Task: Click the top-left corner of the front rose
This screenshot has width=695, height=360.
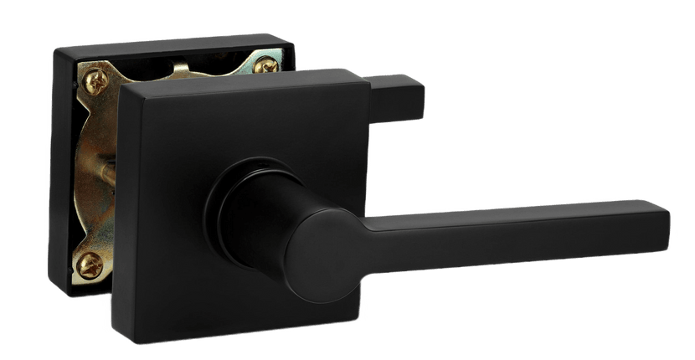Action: click(x=122, y=85)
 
